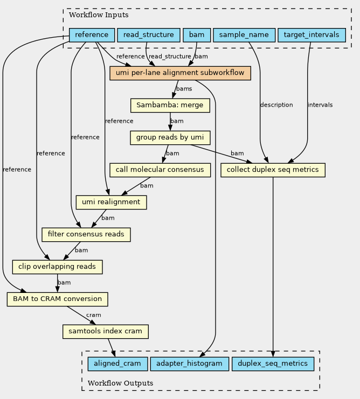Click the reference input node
(92, 36)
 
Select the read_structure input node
(148, 36)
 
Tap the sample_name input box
(244, 36)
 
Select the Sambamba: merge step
(170, 105)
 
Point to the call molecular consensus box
(160, 170)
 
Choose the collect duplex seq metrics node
(273, 170)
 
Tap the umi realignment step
(112, 202)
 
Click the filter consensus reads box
(86, 234)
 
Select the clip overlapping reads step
(58, 267)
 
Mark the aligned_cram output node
(117, 363)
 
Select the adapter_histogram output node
(190, 363)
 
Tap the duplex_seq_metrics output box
(273, 363)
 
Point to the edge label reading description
(276, 105)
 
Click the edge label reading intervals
(320, 105)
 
